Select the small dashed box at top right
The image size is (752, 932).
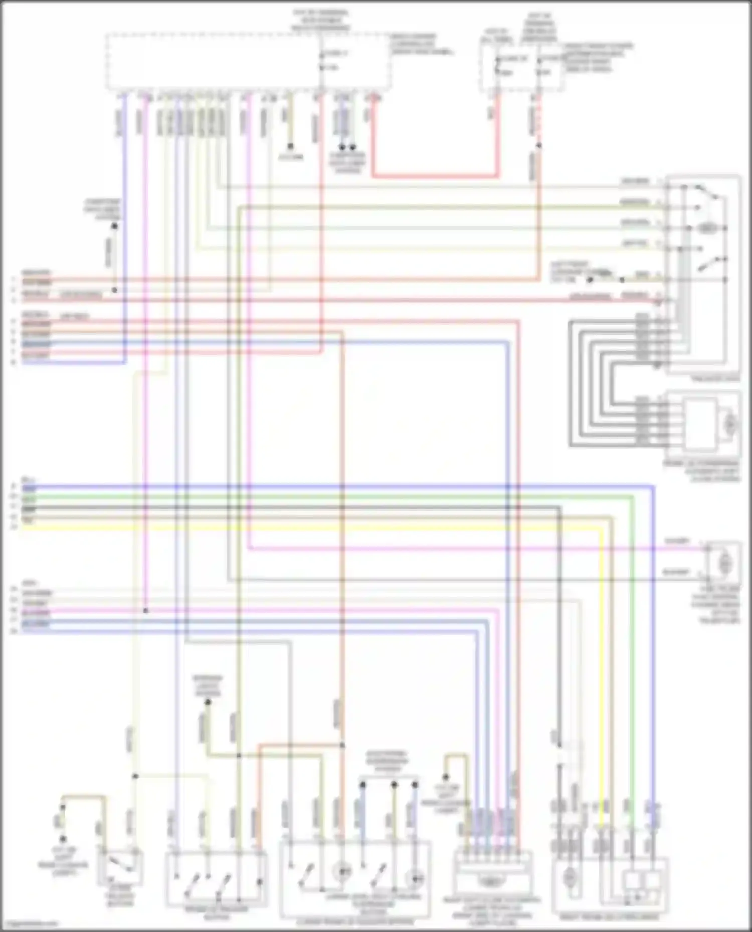click(521, 68)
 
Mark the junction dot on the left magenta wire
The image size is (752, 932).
click(146, 610)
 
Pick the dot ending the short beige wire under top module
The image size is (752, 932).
click(290, 147)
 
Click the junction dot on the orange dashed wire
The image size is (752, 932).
click(539, 146)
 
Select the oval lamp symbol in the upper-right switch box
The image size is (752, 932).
click(706, 228)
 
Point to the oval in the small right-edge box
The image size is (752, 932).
click(723, 564)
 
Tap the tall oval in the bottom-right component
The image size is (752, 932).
click(570, 877)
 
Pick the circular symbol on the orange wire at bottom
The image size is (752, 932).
click(342, 872)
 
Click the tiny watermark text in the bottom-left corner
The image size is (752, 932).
click(29, 924)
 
